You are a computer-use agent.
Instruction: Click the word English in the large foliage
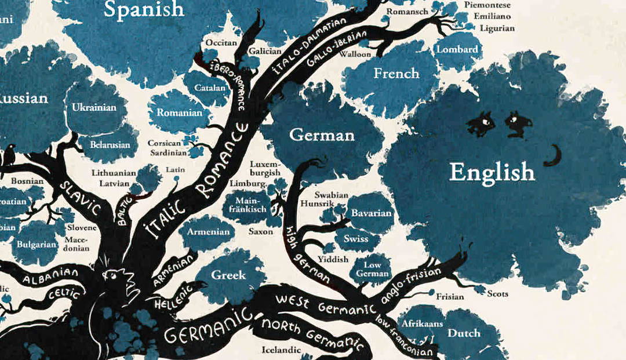(x=492, y=172)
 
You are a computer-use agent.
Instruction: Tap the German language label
(x=322, y=136)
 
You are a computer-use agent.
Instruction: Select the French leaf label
(x=396, y=74)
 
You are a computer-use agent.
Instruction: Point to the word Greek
(x=228, y=275)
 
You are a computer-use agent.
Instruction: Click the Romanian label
(x=179, y=112)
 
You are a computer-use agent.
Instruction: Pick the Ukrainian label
(x=94, y=107)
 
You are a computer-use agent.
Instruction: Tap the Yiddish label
(x=333, y=259)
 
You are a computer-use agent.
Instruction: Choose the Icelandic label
(x=281, y=350)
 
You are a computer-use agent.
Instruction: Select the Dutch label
(x=464, y=333)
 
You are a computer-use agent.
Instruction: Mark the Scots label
(x=497, y=294)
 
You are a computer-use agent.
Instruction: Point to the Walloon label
(x=355, y=54)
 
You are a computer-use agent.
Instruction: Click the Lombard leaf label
(x=457, y=49)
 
